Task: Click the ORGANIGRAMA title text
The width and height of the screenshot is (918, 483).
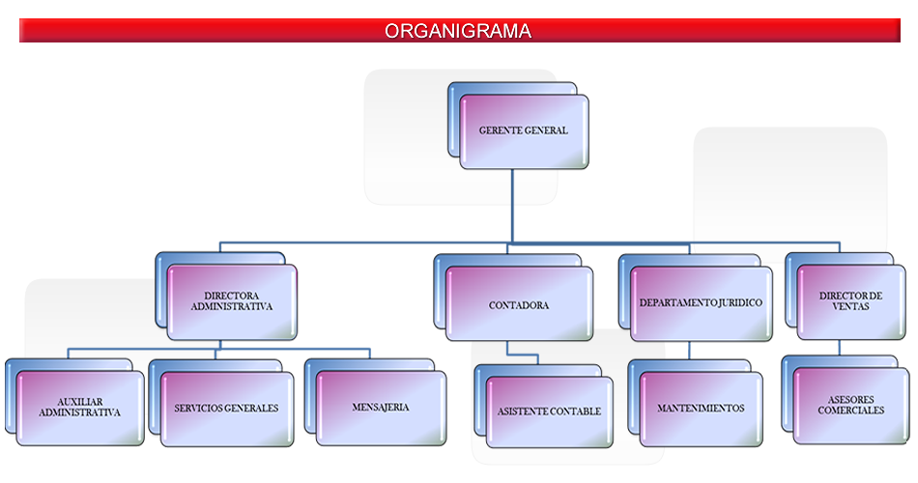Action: pyautogui.click(x=458, y=31)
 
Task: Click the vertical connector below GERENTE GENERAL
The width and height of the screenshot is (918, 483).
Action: pyautogui.click(x=512, y=206)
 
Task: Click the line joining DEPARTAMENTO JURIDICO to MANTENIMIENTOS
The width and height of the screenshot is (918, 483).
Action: pyautogui.click(x=689, y=351)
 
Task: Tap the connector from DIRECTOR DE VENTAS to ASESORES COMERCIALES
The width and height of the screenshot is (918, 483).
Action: pyautogui.click(x=840, y=348)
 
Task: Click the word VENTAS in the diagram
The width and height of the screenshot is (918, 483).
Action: pyautogui.click(x=850, y=307)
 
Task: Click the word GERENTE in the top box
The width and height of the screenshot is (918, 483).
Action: pyautogui.click(x=498, y=130)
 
